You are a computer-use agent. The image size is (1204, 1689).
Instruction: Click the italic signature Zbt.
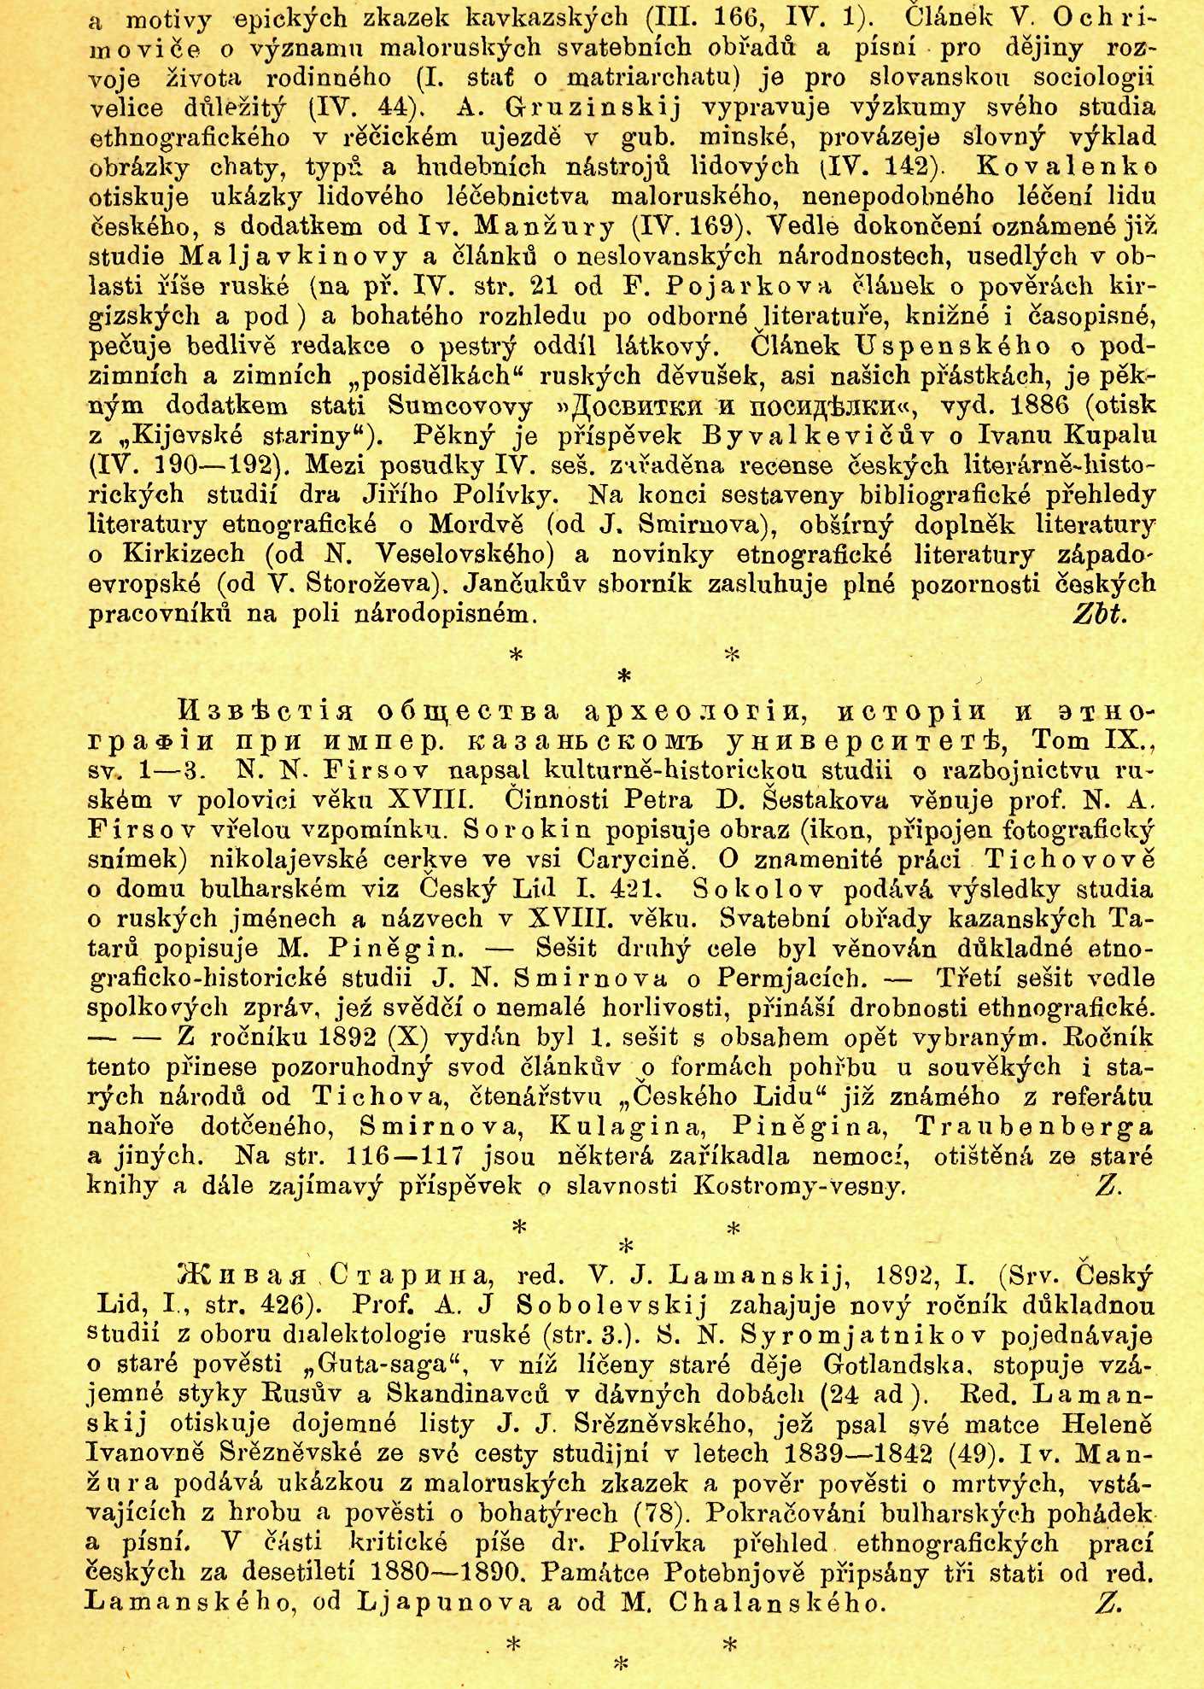point(1101,615)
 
